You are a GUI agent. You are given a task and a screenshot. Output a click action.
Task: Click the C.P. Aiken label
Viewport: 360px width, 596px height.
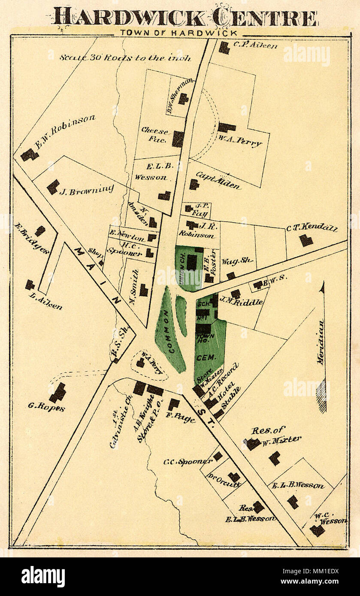(255, 45)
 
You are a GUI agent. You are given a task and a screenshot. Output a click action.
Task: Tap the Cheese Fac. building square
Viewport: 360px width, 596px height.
(178, 139)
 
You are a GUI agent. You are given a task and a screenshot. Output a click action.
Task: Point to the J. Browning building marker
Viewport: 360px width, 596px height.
(53, 187)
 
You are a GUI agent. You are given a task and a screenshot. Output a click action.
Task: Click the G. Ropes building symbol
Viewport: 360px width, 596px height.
(57, 393)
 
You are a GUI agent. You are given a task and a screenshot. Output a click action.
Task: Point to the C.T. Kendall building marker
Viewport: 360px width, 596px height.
(306, 240)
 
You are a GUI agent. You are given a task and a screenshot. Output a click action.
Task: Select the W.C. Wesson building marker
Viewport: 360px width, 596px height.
(317, 530)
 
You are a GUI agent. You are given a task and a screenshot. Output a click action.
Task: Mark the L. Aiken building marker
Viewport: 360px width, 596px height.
(30, 285)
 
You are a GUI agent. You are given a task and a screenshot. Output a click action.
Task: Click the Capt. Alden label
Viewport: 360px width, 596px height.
(218, 180)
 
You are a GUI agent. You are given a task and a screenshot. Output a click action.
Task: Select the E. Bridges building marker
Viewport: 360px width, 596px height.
(40, 231)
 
